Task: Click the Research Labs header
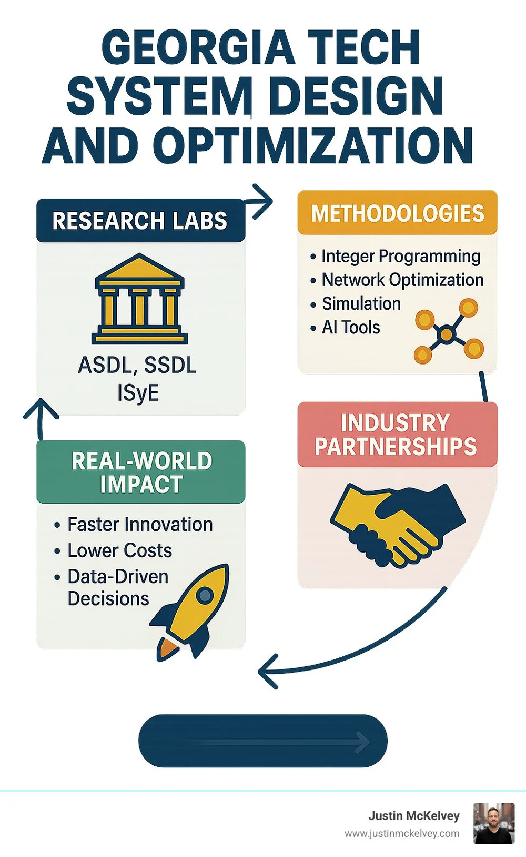tap(140, 221)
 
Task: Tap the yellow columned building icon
tap(139, 299)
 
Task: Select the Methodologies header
tap(397, 213)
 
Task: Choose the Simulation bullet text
tap(361, 304)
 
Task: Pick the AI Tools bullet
tap(351, 328)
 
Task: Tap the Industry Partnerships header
tap(396, 435)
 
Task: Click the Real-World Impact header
tap(141, 472)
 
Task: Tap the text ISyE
tap(138, 393)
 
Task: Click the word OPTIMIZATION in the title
tap(313, 146)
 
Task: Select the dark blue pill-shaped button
tap(262, 741)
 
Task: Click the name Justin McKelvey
tap(413, 816)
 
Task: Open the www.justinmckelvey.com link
tap(402, 833)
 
